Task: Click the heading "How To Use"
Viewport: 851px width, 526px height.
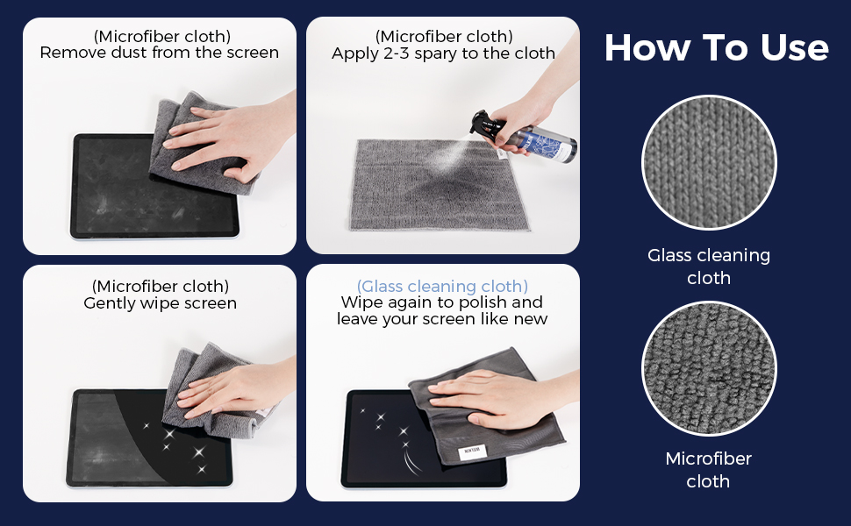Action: coord(717,47)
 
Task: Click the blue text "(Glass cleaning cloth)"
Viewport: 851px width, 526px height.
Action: coord(442,286)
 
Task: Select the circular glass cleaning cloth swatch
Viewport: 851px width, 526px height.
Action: coord(709,163)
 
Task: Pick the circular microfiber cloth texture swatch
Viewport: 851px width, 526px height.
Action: coord(709,369)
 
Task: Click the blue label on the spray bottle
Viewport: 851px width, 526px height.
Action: coord(540,141)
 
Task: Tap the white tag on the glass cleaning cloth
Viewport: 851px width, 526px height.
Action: coord(472,451)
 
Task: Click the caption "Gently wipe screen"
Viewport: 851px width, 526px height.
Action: coord(160,302)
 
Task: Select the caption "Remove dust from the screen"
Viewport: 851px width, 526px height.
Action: coord(159,53)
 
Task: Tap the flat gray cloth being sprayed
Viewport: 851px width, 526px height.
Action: coord(439,184)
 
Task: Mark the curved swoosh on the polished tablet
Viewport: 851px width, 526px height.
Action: coord(411,461)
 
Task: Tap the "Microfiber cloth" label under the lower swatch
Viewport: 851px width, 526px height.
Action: coord(708,470)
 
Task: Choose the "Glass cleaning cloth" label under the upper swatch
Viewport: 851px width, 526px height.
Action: coord(709,267)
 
